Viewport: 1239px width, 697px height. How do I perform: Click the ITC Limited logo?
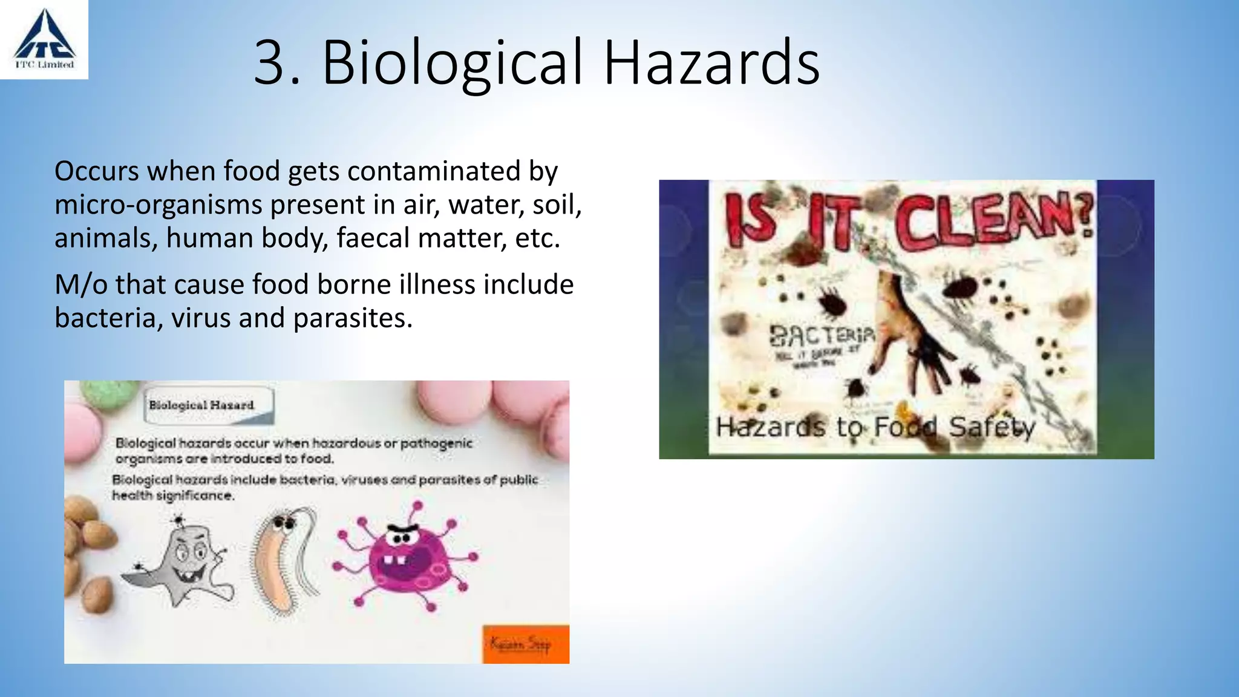[x=44, y=39]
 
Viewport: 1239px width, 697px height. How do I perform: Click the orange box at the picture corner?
[x=525, y=644]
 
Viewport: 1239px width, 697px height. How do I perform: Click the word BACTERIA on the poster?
[x=822, y=335]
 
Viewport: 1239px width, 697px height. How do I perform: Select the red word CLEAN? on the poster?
[x=992, y=221]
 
